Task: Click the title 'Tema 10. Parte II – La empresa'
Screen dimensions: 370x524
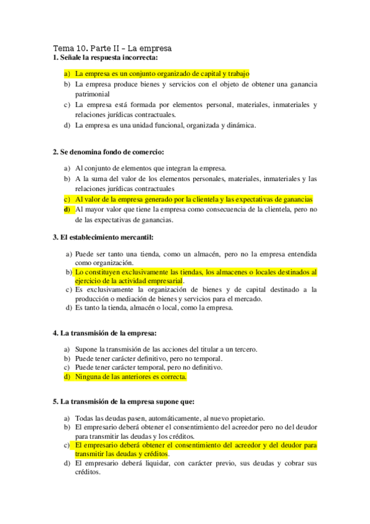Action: tap(112, 48)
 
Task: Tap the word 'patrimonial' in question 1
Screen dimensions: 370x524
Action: tap(93, 95)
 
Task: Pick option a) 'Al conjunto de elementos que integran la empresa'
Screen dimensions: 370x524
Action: tap(151, 168)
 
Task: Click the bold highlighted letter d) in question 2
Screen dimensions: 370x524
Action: tap(67, 209)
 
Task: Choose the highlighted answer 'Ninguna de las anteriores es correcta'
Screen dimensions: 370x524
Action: tap(130, 376)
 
